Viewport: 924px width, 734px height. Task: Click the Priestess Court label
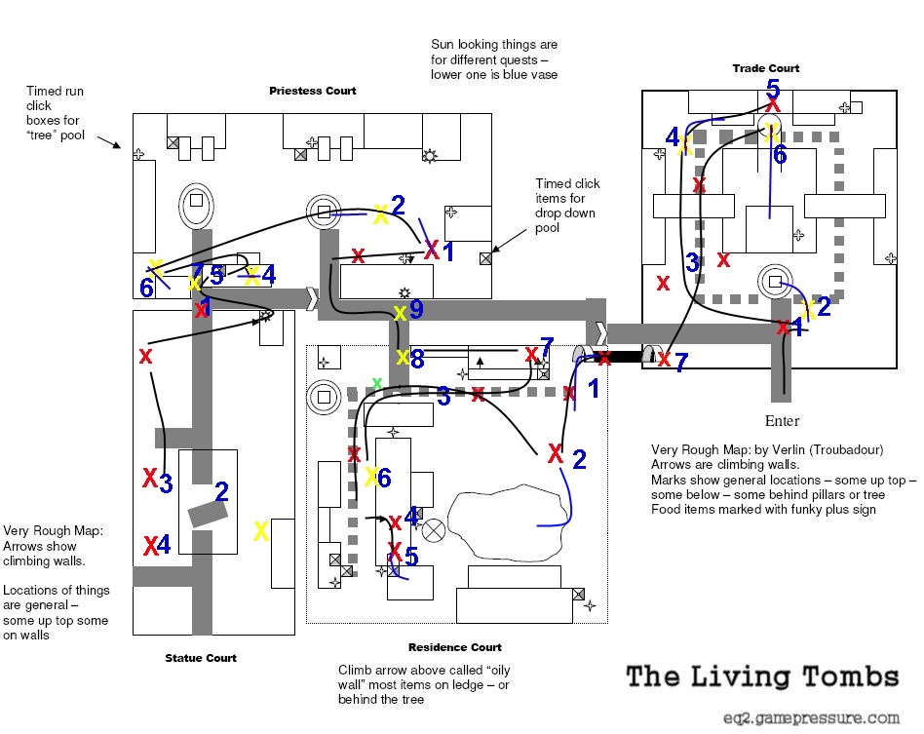(x=312, y=91)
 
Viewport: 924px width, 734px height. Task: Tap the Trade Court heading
(x=765, y=68)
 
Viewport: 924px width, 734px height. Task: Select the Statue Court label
(x=201, y=658)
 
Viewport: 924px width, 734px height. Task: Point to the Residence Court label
(x=454, y=647)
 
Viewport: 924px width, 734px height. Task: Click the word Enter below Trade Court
(x=782, y=421)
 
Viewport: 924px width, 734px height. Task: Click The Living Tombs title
(x=762, y=677)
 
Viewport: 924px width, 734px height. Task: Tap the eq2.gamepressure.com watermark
(x=812, y=718)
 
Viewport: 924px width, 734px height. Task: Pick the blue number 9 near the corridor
(x=416, y=309)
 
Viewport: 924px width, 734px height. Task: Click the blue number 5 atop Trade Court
(x=773, y=89)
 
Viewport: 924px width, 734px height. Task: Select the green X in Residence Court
(x=377, y=384)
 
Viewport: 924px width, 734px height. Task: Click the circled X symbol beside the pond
(x=434, y=530)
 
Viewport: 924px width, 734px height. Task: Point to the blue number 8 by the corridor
(x=417, y=359)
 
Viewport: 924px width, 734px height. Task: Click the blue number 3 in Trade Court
(x=692, y=262)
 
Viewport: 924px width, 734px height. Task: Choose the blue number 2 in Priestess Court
(x=398, y=205)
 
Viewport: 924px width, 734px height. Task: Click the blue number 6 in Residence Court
(x=384, y=479)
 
